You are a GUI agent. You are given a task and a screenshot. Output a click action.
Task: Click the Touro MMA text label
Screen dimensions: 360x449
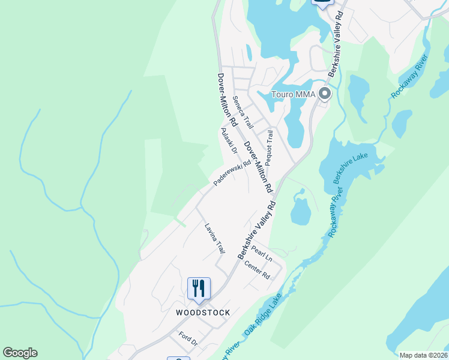[x=293, y=94]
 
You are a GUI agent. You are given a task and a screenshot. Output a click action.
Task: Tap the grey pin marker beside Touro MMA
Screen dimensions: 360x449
[x=325, y=94]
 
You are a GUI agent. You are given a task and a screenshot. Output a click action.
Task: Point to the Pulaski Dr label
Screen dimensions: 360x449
[x=229, y=141]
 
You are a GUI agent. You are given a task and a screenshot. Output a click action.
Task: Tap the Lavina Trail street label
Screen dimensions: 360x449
[x=214, y=238]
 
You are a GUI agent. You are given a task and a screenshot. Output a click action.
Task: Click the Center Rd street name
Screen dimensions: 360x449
[x=257, y=271]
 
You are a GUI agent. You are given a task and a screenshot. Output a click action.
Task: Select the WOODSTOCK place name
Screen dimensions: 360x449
[x=199, y=313]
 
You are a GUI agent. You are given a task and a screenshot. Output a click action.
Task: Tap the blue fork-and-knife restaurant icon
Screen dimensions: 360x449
[x=199, y=289]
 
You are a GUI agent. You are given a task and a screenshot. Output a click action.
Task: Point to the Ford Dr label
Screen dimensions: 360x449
[x=188, y=339]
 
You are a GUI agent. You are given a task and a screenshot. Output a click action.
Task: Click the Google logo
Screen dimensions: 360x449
[x=20, y=353]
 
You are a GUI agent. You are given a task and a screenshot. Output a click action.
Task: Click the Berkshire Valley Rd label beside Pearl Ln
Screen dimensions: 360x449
[x=257, y=230]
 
